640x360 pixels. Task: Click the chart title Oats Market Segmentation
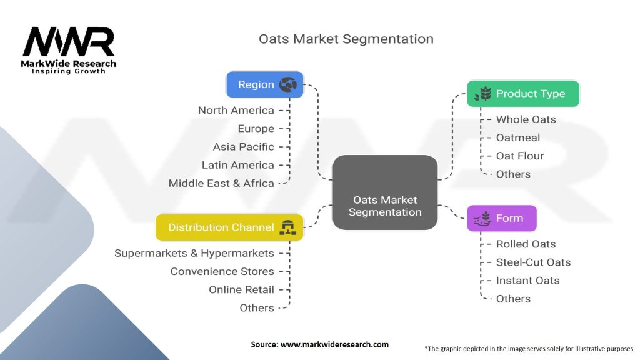pyautogui.click(x=346, y=39)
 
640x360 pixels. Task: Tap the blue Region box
pyautogui.click(x=264, y=84)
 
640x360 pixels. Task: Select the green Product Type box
pyautogui.click(x=524, y=94)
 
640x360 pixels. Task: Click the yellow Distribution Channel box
pyautogui.click(x=229, y=227)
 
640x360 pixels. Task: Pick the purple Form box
pyautogui.click(x=502, y=219)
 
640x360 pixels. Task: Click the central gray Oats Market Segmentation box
pyautogui.click(x=385, y=206)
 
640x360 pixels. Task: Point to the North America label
pyautogui.click(x=236, y=111)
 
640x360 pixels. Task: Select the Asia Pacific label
pyautogui.click(x=243, y=147)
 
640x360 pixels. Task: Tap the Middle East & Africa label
pyautogui.click(x=221, y=183)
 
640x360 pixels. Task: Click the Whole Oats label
pyautogui.click(x=526, y=119)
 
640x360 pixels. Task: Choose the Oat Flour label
pyautogui.click(x=520, y=156)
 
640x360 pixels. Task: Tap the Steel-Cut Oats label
pyautogui.click(x=533, y=262)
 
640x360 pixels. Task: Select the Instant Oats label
pyautogui.click(x=527, y=281)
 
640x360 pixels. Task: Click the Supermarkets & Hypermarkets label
pyautogui.click(x=194, y=253)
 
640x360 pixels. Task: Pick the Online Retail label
pyautogui.click(x=241, y=289)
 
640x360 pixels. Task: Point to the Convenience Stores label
pyautogui.click(x=222, y=271)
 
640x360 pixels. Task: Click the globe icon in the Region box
pyautogui.click(x=288, y=84)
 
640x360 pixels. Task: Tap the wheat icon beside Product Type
pyautogui.click(x=482, y=94)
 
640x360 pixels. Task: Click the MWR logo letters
pyautogui.click(x=69, y=42)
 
